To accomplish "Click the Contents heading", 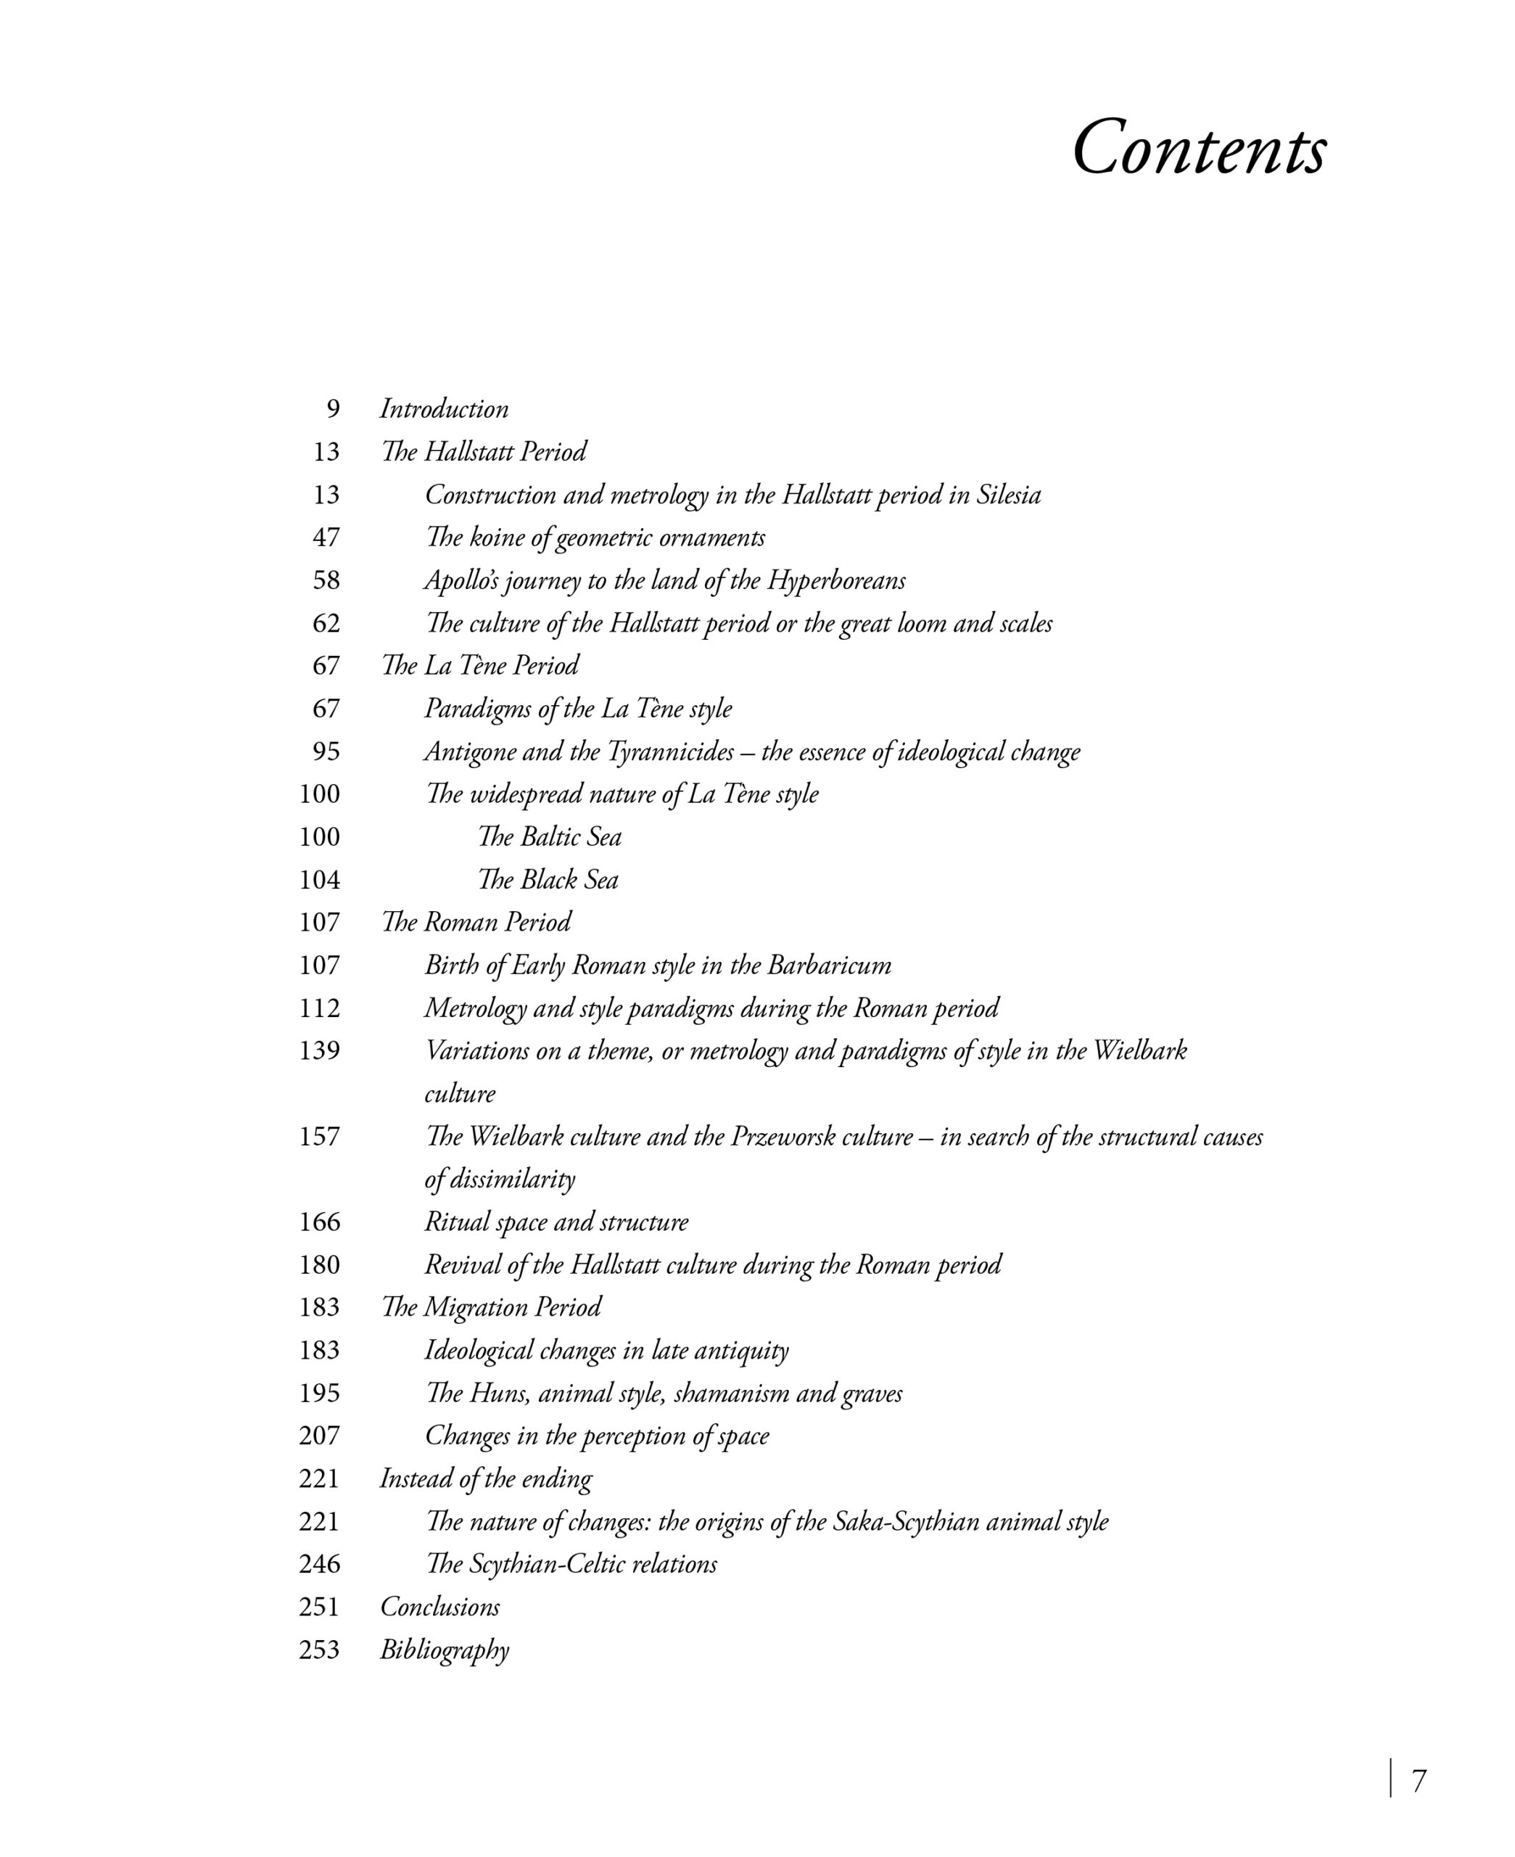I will coord(1198,149).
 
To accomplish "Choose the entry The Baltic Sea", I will coord(549,837).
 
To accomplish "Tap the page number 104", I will coord(319,880).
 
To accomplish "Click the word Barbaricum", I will coord(829,965).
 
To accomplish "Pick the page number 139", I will coord(319,1050).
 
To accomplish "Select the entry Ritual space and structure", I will coord(556,1222).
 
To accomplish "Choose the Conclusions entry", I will coord(439,1607).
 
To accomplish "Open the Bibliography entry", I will coord(445,1650).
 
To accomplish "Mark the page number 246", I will coord(319,1564).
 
